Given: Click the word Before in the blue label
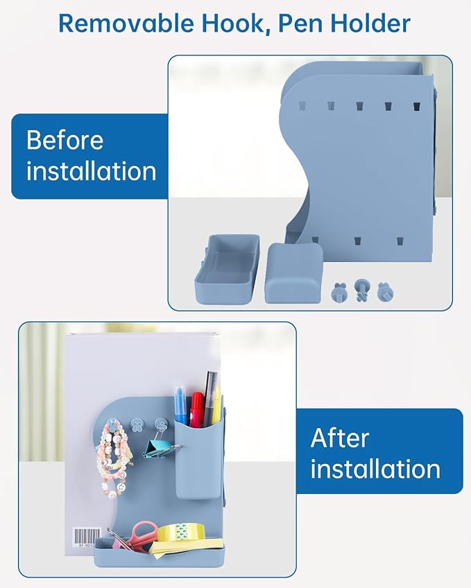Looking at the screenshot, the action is tap(65, 140).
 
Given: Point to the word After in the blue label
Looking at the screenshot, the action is tap(339, 438).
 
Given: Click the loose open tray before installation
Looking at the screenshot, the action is tap(227, 269).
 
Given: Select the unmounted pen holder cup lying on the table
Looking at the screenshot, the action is tap(293, 273).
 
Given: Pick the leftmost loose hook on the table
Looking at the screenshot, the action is tap(339, 292).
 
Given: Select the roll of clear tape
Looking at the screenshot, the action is tap(182, 533).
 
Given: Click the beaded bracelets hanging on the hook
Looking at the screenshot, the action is tap(112, 461).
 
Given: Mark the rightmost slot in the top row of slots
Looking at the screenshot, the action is tap(416, 107).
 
